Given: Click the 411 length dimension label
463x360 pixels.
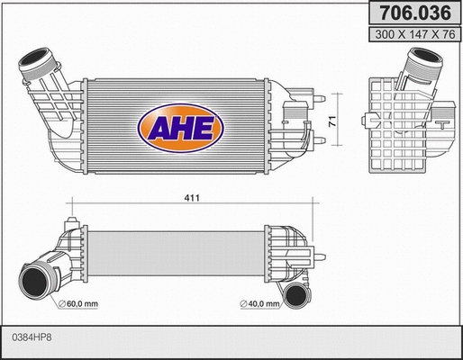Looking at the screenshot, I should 191,197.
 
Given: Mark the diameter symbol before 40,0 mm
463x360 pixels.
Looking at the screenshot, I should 243,304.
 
